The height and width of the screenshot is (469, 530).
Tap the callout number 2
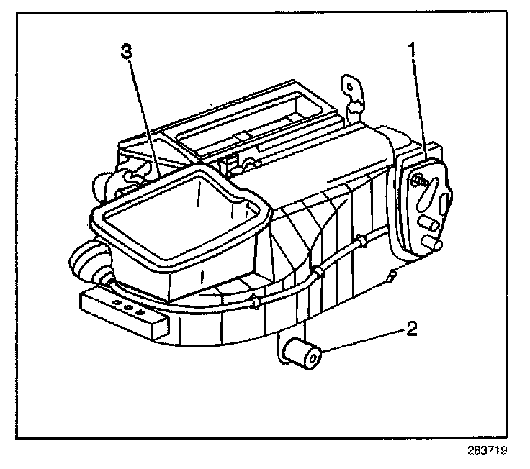pyautogui.click(x=410, y=330)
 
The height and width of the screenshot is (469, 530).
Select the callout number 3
pyautogui.click(x=127, y=51)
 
